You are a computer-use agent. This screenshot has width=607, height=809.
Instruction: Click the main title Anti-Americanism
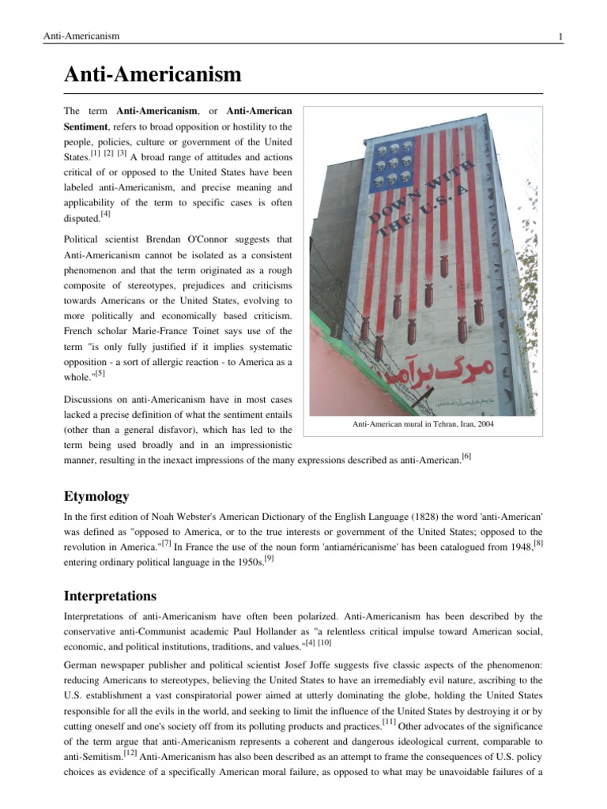(x=152, y=75)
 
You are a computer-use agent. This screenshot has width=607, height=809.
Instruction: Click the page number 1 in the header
(x=560, y=36)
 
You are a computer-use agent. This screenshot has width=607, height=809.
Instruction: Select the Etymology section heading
(x=96, y=496)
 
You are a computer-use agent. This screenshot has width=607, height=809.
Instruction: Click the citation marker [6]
(x=466, y=456)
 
